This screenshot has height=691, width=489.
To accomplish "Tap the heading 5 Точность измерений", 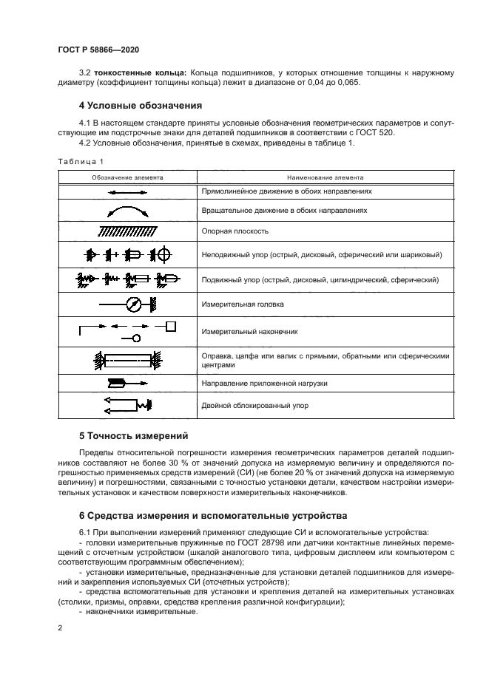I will tap(134, 435).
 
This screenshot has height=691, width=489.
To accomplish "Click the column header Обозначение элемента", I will tap(128, 177).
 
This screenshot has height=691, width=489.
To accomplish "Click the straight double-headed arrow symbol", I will tap(128, 191).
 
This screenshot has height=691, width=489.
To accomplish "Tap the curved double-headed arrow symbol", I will tap(128, 212).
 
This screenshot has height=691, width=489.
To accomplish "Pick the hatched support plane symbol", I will tap(128, 231).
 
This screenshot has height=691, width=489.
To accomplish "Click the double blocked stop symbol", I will tap(128, 405).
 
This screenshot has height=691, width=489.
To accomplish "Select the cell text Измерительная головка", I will tap(242, 304).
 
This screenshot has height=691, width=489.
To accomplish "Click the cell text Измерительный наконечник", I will tap(246, 333).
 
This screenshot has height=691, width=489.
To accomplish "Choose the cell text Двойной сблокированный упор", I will tap(254, 405).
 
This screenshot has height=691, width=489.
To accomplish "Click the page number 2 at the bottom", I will tap(61, 628).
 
